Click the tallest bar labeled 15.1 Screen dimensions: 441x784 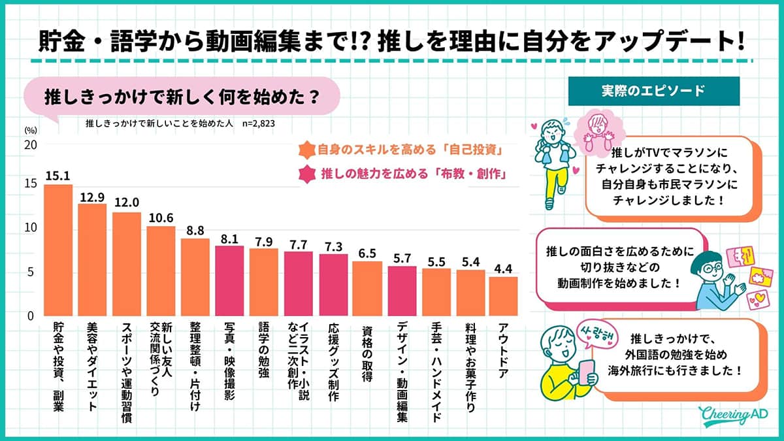pyautogui.click(x=58, y=250)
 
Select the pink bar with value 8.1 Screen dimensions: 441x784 pyautogui.click(x=229, y=281)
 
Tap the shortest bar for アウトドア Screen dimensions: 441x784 pyautogui.click(x=503, y=297)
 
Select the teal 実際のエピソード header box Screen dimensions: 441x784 pyautogui.click(x=653, y=91)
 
